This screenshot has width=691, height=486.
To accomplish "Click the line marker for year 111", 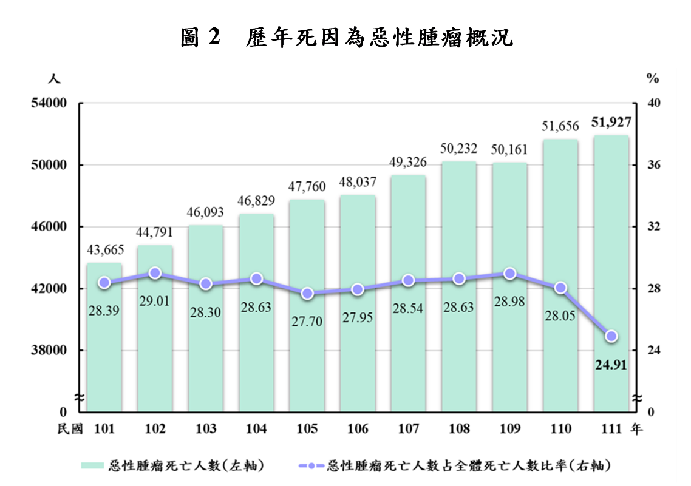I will tap(611, 336).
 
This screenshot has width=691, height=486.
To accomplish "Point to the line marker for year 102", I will tap(155, 273).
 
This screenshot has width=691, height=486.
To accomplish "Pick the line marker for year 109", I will tap(510, 274).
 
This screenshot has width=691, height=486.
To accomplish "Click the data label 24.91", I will tap(611, 365).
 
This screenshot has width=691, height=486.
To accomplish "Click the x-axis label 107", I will tap(409, 430).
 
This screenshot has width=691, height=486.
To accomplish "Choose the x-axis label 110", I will tap(560, 430).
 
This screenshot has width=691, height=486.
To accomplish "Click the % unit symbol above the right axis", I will tap(653, 78).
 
